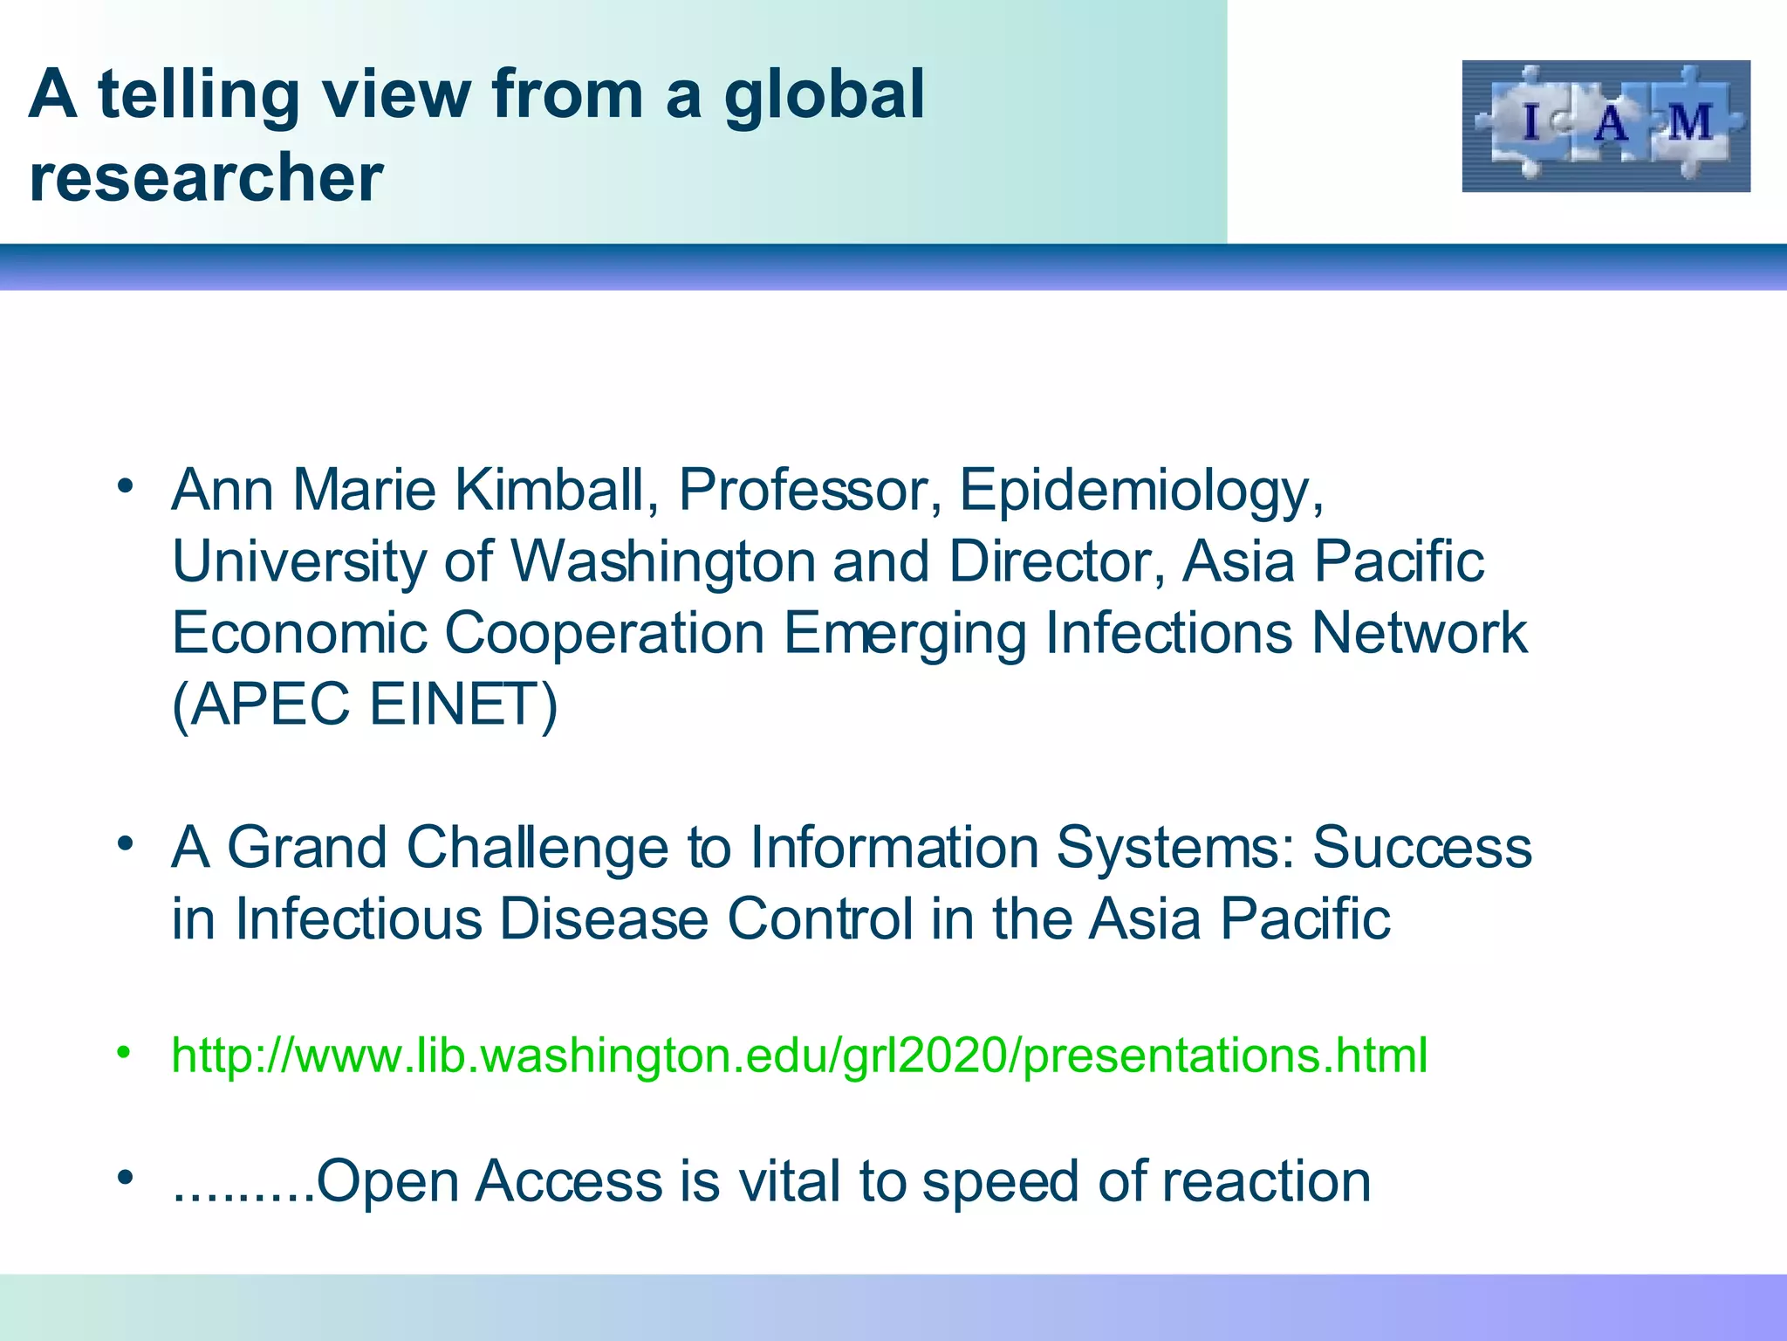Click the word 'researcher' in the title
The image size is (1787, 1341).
pos(206,177)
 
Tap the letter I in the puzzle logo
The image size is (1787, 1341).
pos(1530,122)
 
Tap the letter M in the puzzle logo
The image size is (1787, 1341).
pos(1690,122)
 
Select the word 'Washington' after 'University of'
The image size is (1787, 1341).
pos(662,560)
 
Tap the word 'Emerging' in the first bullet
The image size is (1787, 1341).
pos(905,634)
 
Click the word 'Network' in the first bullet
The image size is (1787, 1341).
pos(1419,632)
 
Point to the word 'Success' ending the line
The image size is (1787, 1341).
pos(1422,847)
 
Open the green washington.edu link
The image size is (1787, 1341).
pos(798,1055)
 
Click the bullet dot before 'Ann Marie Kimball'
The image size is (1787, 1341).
pos(126,485)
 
